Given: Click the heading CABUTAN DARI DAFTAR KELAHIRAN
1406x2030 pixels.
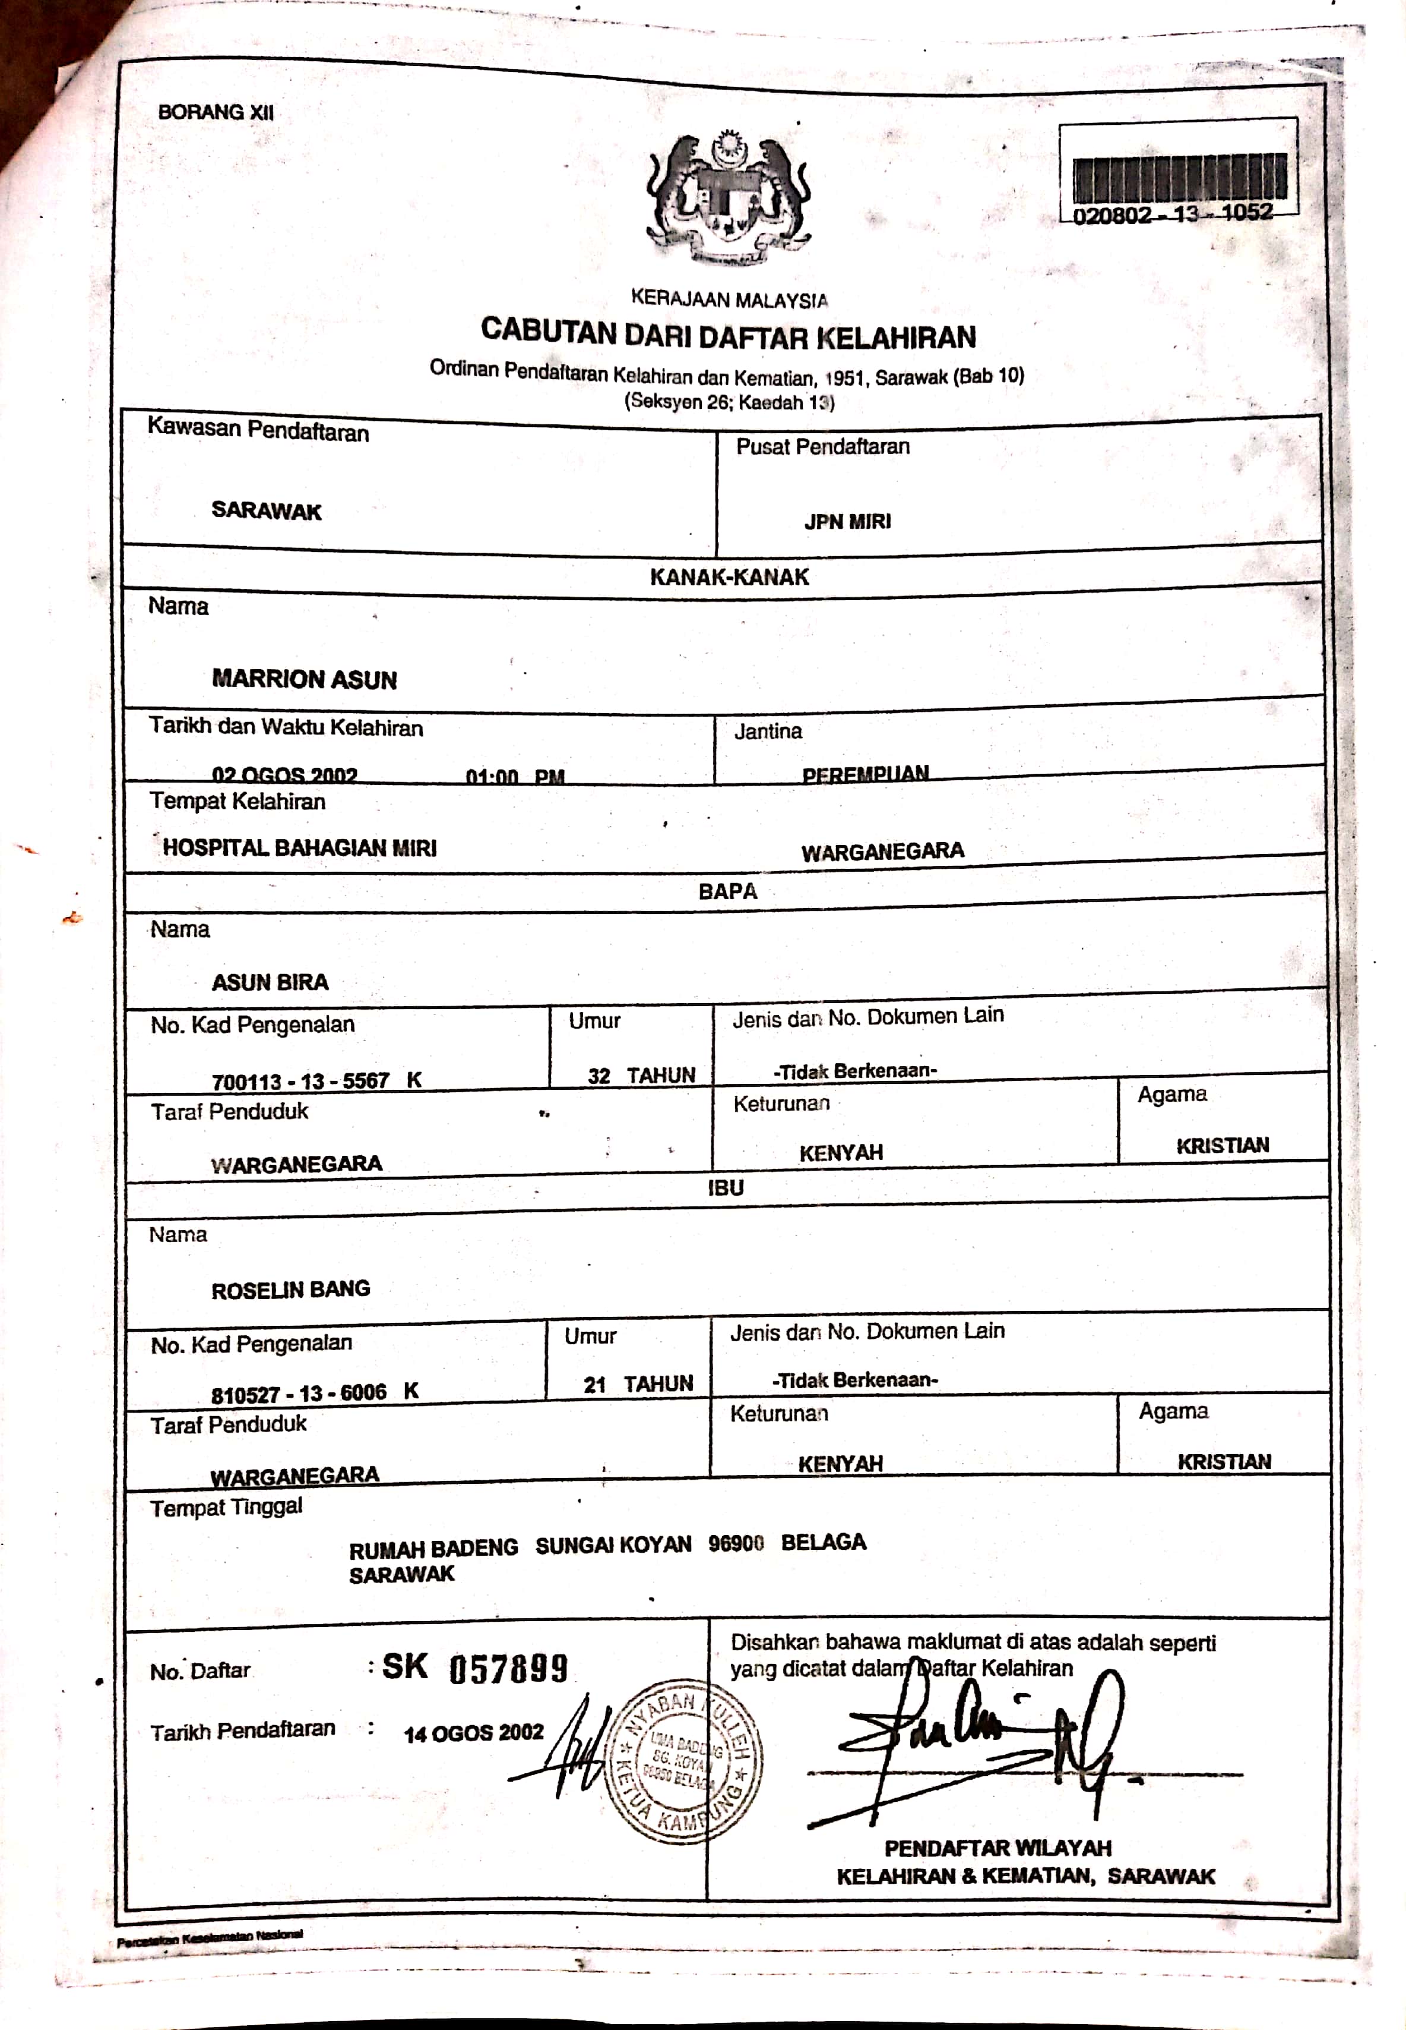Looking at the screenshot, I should coord(729,334).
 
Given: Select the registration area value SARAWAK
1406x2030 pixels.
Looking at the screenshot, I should coord(266,511).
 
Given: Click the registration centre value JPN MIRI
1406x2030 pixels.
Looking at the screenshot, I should coord(847,522).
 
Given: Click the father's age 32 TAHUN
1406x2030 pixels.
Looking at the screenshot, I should coord(641,1076).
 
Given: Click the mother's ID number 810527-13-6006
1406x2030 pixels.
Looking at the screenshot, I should coord(299,1394).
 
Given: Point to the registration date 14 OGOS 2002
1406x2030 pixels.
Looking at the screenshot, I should coord(473,1733).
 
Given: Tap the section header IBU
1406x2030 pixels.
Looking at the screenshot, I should coord(726,1188).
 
